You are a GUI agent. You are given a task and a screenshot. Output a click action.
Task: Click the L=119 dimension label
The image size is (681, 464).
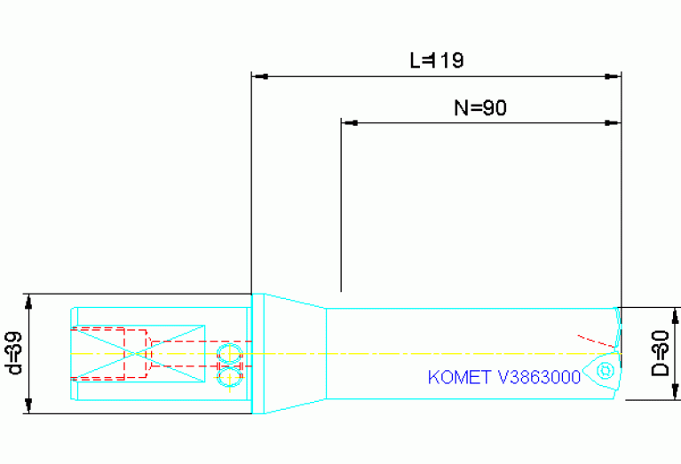coord(436,60)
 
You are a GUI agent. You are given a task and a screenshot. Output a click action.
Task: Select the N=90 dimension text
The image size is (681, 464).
coord(479,107)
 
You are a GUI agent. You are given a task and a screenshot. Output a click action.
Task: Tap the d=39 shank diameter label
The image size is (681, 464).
coord(12,353)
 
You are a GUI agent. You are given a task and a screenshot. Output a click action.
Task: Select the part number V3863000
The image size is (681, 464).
coord(540,377)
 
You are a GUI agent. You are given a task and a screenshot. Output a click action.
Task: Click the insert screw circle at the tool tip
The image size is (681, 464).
coord(607,370)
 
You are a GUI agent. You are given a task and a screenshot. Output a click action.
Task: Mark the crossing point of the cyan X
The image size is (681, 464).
coord(138,353)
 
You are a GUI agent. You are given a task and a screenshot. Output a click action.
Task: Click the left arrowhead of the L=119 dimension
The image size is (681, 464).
coord(259,76)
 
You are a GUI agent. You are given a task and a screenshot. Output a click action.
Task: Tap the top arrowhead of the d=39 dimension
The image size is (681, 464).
coord(29,300)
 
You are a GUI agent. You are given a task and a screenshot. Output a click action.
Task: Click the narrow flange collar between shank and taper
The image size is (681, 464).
coord(258,353)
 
